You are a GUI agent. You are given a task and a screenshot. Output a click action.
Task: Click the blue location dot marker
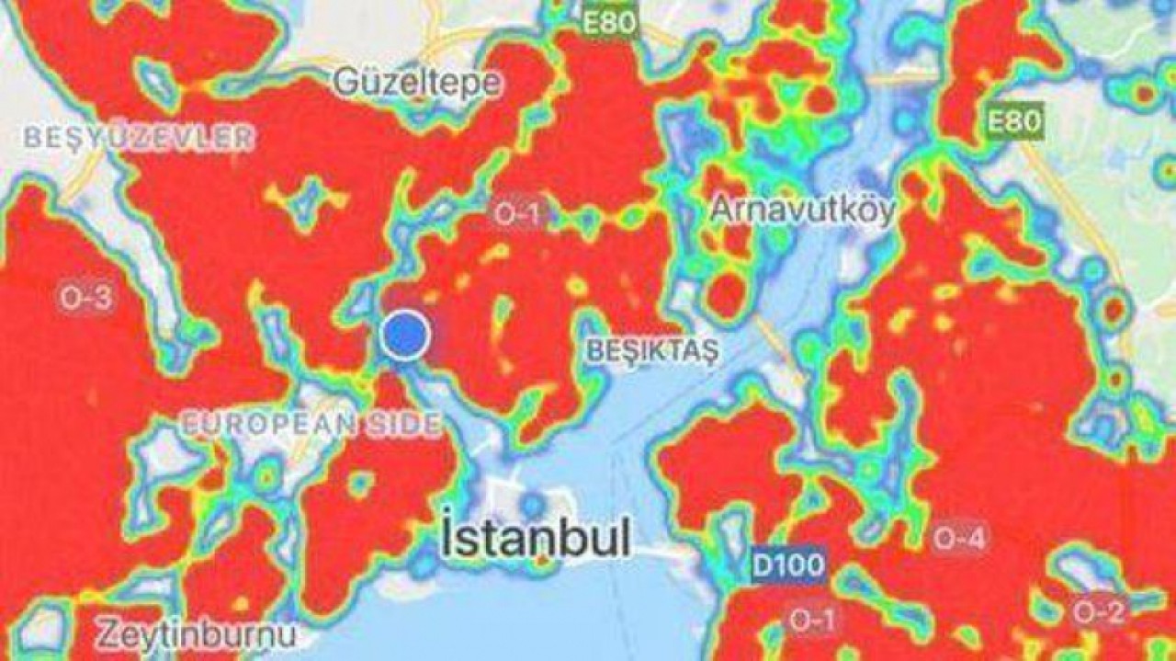click(x=405, y=335)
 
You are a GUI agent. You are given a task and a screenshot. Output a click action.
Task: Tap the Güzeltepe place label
click(x=417, y=83)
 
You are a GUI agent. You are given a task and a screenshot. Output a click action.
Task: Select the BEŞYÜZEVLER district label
click(x=138, y=139)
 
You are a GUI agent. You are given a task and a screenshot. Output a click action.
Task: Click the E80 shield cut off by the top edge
click(x=610, y=20)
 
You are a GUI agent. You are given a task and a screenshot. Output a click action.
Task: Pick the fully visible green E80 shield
click(x=1016, y=121)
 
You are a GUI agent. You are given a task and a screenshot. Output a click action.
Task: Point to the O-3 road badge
click(x=86, y=297)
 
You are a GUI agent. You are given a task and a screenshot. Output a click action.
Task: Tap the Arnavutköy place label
click(x=802, y=211)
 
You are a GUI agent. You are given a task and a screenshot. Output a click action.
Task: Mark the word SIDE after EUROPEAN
click(x=402, y=425)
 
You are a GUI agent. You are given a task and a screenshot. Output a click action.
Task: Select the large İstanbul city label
click(x=537, y=539)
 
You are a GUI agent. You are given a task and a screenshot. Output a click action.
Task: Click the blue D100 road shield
click(x=787, y=564)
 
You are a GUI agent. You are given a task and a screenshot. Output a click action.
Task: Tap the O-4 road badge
click(x=961, y=540)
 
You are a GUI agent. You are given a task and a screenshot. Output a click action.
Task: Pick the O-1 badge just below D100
click(x=811, y=621)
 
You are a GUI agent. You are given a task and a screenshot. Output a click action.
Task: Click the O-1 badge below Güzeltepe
click(x=517, y=214)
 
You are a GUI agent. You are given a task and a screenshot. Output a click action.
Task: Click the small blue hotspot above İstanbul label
click(x=532, y=505)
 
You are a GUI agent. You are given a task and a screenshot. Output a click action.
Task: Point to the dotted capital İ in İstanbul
click(x=449, y=536)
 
